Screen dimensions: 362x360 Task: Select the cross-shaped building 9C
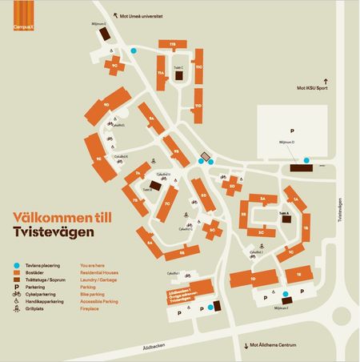click(116, 64)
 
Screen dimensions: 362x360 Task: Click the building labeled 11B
click(172, 43)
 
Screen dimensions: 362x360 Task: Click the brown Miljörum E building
click(107, 29)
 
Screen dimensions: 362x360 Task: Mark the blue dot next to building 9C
click(134, 50)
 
